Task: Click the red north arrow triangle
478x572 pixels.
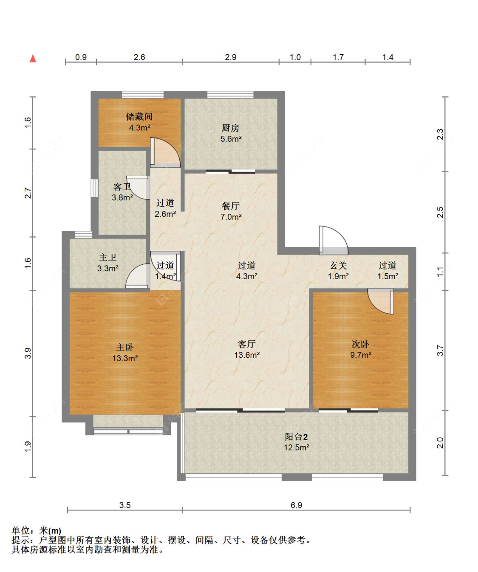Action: pos(33,59)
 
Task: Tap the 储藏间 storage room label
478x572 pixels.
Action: pos(139,117)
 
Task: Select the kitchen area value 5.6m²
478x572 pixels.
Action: pos(231,139)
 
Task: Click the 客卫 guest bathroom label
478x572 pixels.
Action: pos(122,187)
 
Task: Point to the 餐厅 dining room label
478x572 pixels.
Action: pos(230,206)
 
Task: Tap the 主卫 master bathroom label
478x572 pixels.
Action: pos(108,257)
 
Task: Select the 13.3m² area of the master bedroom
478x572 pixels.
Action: pos(125,358)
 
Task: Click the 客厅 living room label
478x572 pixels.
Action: pos(247,344)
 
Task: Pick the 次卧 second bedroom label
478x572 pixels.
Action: pos(360,344)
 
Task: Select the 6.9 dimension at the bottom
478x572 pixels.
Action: pos(296,505)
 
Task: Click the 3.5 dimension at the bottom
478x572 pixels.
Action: pos(125,505)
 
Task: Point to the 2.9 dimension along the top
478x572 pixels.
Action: pos(230,57)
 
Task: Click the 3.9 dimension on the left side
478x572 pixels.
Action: pos(28,353)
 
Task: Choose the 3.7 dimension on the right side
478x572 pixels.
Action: pos(440,350)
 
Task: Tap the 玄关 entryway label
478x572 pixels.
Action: pos(338,265)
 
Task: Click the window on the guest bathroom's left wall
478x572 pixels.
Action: pos(94,188)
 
